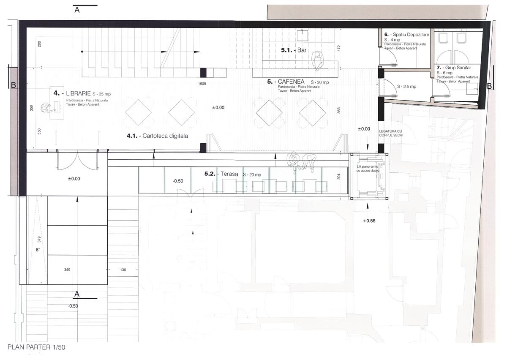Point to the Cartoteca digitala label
point(157,136)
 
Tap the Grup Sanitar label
point(457,68)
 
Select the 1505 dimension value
point(202,84)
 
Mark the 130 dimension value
point(123,269)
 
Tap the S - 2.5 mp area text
point(406,86)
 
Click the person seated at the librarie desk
point(47,108)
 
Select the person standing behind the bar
point(318,60)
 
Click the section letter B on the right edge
point(489,86)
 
